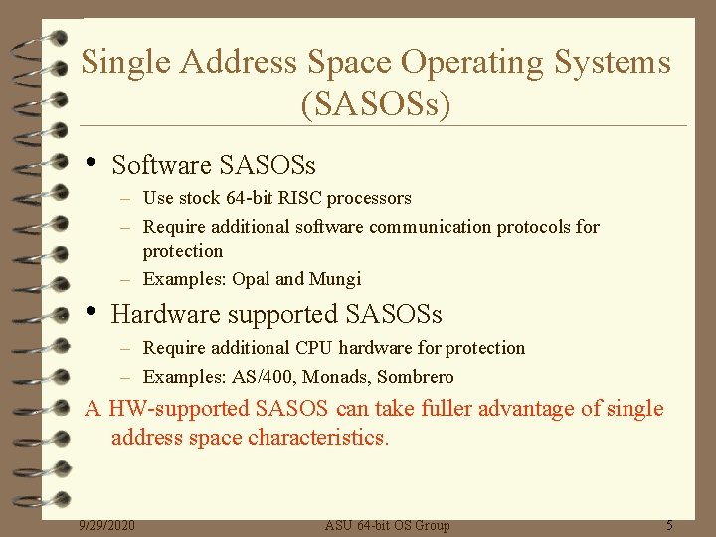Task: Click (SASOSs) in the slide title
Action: pyautogui.click(x=376, y=103)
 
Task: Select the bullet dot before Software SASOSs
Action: pyautogui.click(x=91, y=161)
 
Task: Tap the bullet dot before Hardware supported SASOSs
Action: pyautogui.click(x=91, y=312)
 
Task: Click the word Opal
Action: pyautogui.click(x=251, y=279)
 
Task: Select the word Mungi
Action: pyautogui.click(x=335, y=279)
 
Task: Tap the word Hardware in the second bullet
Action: pyautogui.click(x=160, y=315)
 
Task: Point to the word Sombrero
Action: pyautogui.click(x=416, y=377)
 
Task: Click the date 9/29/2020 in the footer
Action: pyautogui.click(x=107, y=525)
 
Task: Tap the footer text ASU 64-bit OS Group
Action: pyautogui.click(x=388, y=525)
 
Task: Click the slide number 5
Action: pyautogui.click(x=669, y=525)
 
